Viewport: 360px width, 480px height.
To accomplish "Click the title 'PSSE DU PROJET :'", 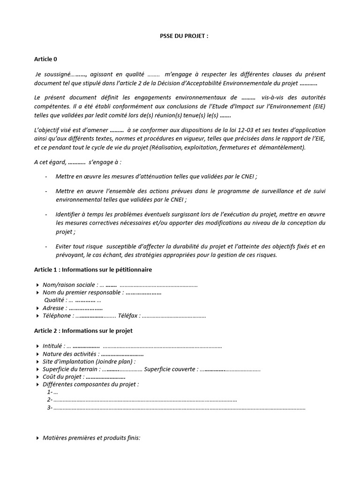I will point(180,36).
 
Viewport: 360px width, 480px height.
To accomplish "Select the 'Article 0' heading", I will point(45,59).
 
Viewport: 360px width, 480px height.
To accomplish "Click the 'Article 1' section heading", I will point(93,270).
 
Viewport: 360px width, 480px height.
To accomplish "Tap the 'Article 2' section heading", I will point(83,330).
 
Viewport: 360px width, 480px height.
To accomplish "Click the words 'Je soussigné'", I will point(53,74).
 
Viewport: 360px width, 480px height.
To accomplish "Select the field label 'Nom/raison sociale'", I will point(70,285).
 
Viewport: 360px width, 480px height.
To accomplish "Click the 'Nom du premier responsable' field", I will point(83,292).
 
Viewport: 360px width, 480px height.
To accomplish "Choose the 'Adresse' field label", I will point(53,308).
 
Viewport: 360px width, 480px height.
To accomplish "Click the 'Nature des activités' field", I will point(70,354).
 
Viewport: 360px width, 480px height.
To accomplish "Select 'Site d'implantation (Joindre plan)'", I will point(89,361).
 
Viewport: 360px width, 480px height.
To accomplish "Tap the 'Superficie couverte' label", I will point(170,369).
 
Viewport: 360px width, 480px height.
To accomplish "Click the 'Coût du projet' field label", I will point(63,377).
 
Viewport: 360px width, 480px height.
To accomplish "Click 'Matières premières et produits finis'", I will point(91,438).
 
